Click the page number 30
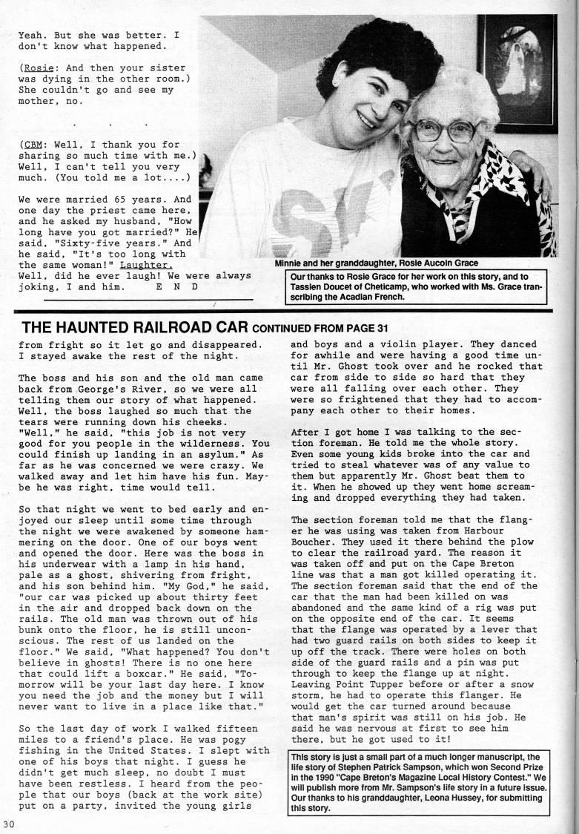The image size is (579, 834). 8,824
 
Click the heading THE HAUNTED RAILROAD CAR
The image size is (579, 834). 136,328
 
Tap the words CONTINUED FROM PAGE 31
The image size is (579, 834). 320,329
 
